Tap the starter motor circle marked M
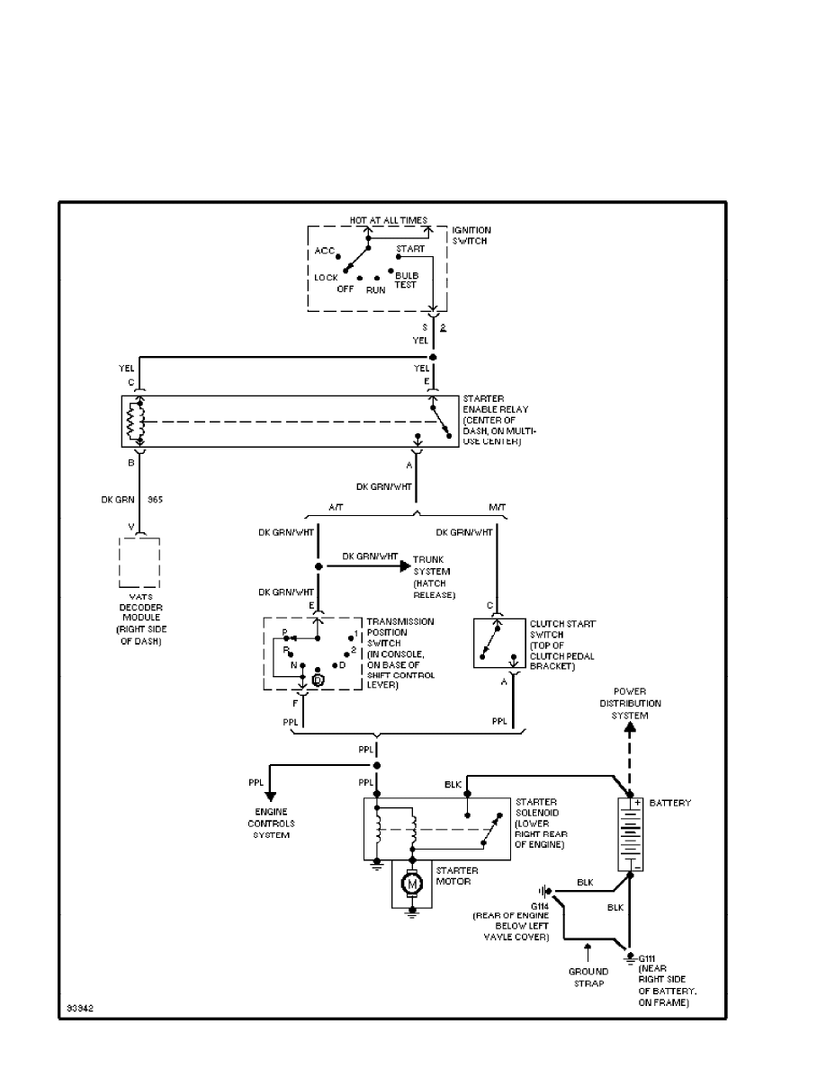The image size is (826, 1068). point(412,885)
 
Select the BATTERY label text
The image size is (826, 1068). point(669,803)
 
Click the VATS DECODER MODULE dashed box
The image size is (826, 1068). point(139,564)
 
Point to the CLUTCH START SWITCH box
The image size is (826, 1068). point(501,644)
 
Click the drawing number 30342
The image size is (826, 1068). point(79,1008)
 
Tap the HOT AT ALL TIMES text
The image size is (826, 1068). point(389,219)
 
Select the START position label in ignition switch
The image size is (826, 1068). point(410,249)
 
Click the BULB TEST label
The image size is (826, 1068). point(407,280)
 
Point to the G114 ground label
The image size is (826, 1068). point(540,905)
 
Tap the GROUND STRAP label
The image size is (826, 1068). point(587,976)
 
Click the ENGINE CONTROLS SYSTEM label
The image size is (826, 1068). point(273,823)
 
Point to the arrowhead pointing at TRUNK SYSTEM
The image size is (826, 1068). point(404,566)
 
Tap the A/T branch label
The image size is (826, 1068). point(337,507)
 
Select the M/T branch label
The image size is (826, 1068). point(497,507)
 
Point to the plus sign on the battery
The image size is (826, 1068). point(635,803)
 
